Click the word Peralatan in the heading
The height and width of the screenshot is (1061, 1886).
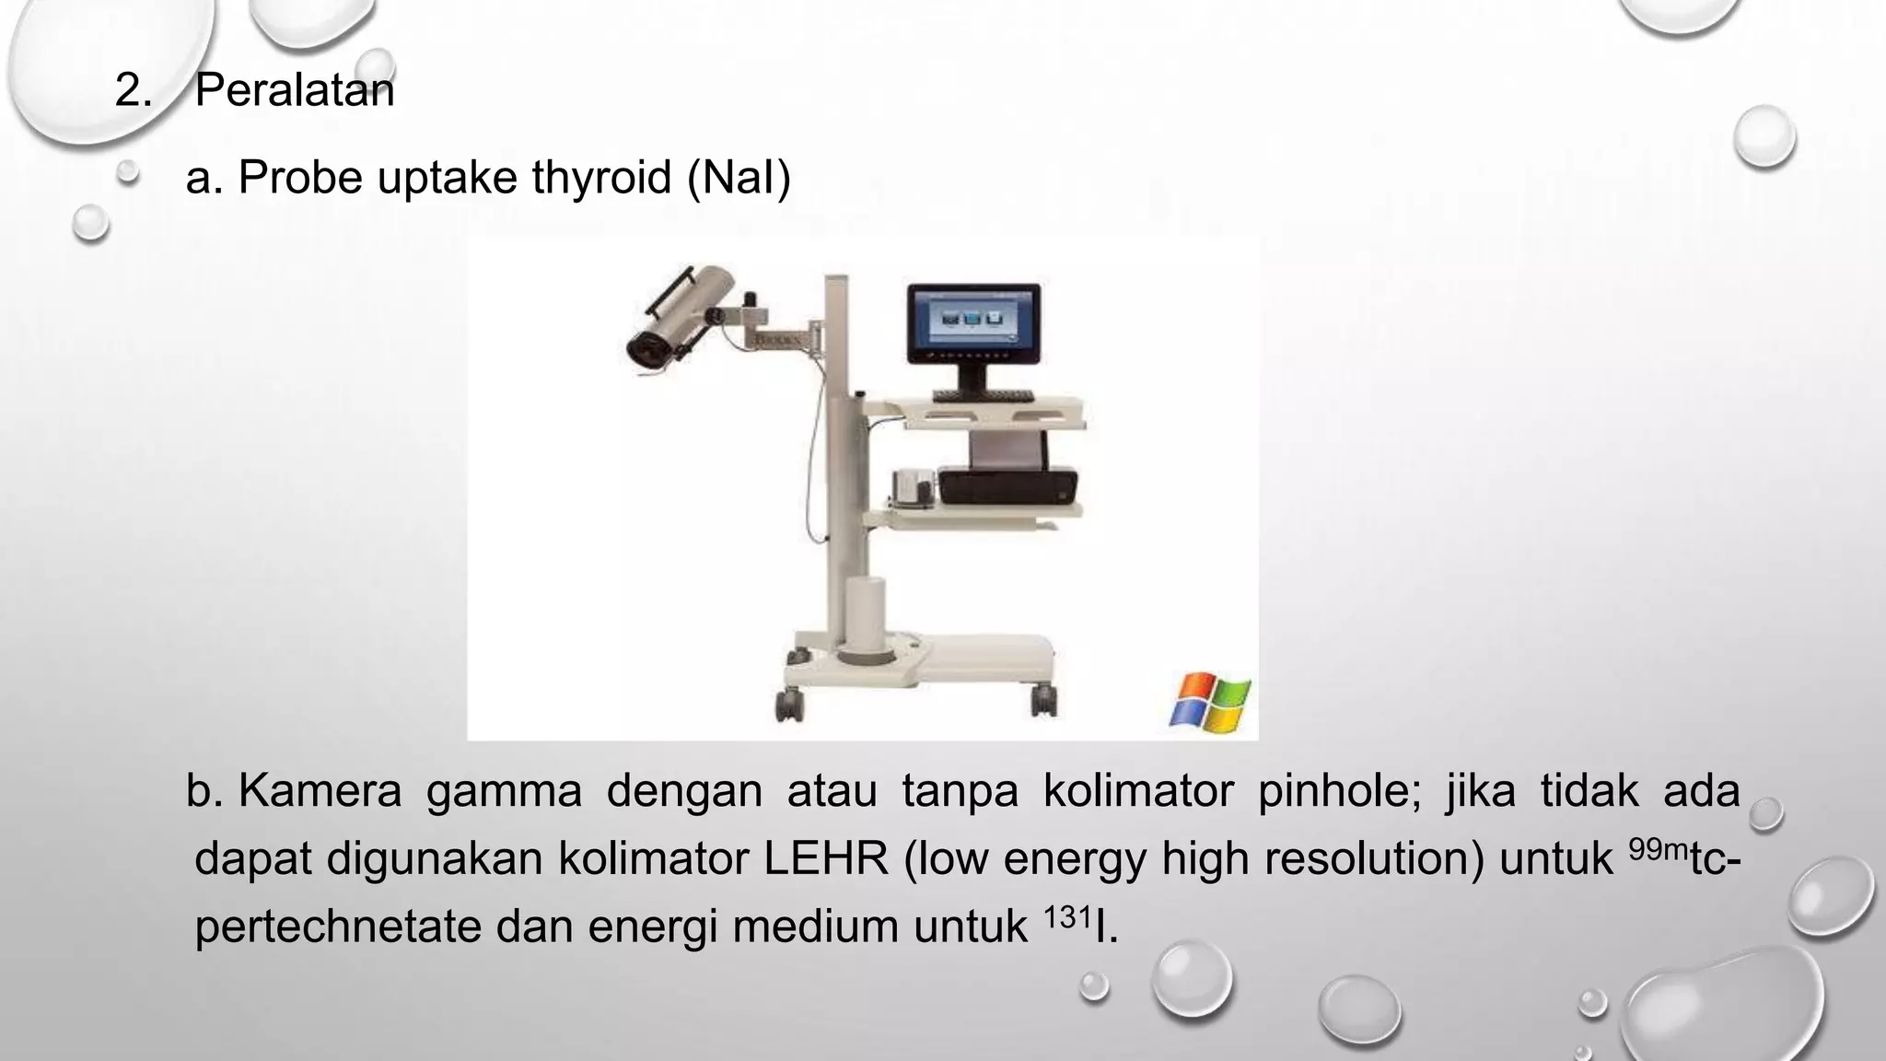click(295, 91)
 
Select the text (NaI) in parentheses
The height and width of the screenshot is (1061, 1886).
click(739, 177)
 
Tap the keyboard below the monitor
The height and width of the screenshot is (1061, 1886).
click(983, 396)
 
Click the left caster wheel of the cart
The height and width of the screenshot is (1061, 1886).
click(790, 705)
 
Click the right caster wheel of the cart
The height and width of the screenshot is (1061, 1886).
click(1043, 702)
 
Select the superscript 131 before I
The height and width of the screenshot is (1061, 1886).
click(1067, 916)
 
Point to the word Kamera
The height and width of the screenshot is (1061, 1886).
click(320, 791)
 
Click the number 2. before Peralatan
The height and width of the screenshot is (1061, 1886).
click(133, 91)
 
